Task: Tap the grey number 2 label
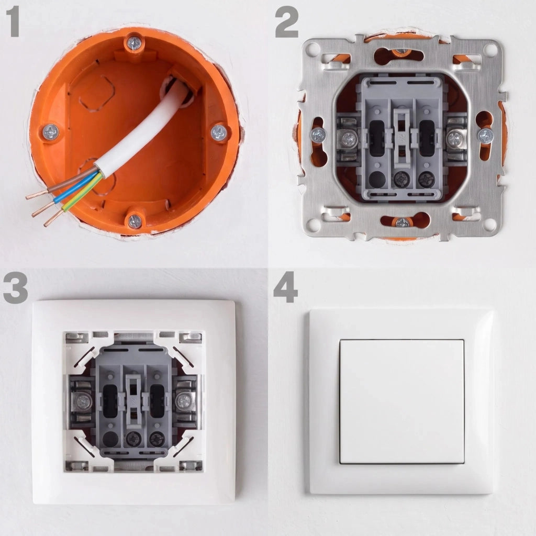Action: pos(286,23)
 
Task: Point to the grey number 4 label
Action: pos(286,287)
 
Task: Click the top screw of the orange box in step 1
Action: pos(135,44)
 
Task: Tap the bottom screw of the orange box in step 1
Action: pos(135,221)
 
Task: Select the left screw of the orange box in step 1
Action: pos(51,132)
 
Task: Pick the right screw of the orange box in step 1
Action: pos(219,132)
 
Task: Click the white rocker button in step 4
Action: pos(402,401)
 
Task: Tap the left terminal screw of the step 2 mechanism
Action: pos(349,139)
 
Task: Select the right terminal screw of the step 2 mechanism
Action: pos(455,139)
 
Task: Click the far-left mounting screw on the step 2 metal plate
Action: pos(318,135)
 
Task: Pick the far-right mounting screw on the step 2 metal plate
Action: pos(485,136)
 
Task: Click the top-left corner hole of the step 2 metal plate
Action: pos(312,49)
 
